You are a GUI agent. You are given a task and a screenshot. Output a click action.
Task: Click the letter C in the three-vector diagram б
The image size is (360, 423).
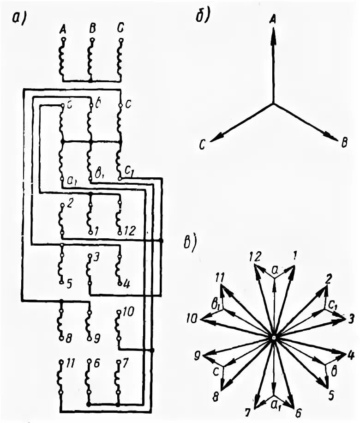[x=202, y=145]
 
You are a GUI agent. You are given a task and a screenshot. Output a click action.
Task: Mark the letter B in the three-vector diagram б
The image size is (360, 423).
[x=343, y=145]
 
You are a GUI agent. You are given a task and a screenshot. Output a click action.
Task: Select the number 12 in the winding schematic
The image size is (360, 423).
[x=130, y=230]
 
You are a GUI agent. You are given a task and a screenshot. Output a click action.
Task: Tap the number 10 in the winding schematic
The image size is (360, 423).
[x=129, y=313]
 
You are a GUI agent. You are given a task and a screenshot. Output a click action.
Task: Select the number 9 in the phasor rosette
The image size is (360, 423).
[x=196, y=356]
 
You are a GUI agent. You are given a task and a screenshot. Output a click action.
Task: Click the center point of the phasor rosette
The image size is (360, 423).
[x=273, y=338]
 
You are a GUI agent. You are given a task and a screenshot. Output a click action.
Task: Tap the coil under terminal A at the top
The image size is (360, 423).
[x=62, y=58]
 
